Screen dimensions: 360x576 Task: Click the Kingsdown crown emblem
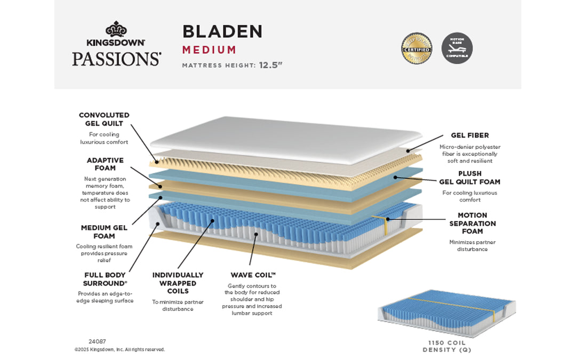(x=116, y=29)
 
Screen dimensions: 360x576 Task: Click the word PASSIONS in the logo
(x=116, y=58)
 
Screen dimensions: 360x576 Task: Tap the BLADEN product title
(x=222, y=31)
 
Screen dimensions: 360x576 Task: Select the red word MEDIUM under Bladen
(x=209, y=50)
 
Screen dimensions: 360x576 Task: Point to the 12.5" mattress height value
(x=270, y=66)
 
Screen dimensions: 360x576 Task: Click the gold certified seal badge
(x=417, y=48)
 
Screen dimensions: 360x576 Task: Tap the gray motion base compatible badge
(x=457, y=48)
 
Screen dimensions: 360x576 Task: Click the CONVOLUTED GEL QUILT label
(x=104, y=119)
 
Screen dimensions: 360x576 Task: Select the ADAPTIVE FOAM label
(x=105, y=164)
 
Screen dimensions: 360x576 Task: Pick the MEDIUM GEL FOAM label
(x=104, y=231)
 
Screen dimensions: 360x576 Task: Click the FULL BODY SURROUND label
(x=105, y=279)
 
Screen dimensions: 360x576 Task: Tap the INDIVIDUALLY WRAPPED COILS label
(x=178, y=283)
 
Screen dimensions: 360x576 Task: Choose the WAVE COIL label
(x=253, y=275)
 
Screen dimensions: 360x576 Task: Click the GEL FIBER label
(x=470, y=135)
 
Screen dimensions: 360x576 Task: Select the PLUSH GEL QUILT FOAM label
(x=469, y=178)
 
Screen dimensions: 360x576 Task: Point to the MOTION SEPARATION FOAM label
(x=469, y=223)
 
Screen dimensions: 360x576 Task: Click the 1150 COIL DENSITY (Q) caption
(x=447, y=346)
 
